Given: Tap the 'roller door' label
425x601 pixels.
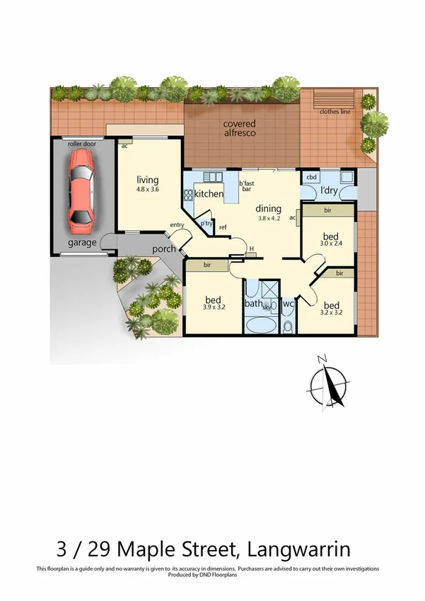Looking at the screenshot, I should click(81, 144).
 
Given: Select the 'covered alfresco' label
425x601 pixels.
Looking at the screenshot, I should click(235, 128).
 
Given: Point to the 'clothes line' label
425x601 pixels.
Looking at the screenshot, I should click(334, 112).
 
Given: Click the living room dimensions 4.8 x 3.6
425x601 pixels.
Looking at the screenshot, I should click(147, 190).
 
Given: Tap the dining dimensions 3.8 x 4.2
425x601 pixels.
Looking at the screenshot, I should click(269, 219).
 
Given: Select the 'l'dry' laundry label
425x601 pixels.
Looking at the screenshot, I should click(329, 192).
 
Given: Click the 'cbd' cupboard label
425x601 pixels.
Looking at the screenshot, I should click(310, 177).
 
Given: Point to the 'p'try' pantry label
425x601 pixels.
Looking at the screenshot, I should click(206, 223).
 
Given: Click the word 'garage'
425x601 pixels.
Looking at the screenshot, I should click(82, 243).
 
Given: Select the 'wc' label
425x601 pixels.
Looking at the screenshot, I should click(288, 304).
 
